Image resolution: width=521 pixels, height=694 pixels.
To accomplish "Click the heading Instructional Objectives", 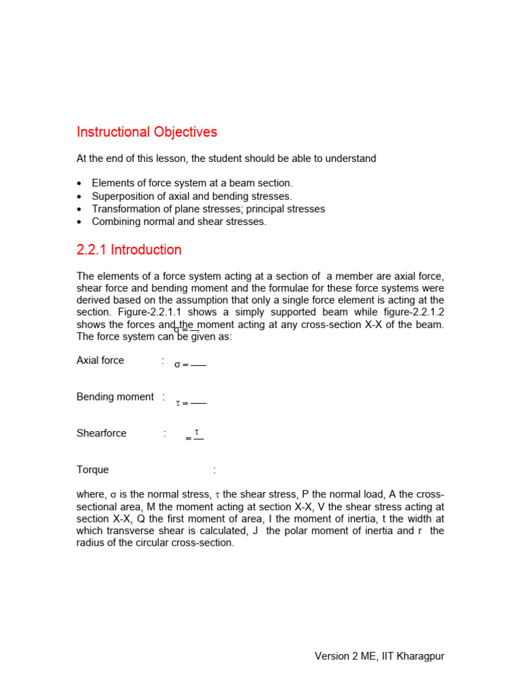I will (147, 131).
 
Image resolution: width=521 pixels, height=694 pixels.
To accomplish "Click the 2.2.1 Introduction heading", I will (129, 249).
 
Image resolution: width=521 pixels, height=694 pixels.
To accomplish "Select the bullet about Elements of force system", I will (192, 183).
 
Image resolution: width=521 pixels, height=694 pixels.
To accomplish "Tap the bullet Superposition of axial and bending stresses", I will (191, 196).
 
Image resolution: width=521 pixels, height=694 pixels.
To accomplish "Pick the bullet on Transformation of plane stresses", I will (208, 209).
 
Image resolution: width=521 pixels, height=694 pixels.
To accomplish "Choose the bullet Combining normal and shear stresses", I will (179, 222).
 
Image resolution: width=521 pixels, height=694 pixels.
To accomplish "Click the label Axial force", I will (100, 361).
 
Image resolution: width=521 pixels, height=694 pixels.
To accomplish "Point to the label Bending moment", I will (115, 397).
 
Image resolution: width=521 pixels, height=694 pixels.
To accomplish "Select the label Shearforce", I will (101, 434).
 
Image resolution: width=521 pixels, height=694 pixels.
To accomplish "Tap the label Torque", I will (92, 470).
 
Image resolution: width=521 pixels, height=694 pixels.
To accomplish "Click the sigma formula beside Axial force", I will (190, 365).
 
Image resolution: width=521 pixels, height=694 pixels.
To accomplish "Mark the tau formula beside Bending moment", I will (191, 403).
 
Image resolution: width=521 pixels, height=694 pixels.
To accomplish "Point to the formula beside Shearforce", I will (195, 436).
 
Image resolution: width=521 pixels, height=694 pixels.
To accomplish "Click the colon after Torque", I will (214, 470).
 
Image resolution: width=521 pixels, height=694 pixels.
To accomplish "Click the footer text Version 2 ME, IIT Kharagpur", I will (379, 656).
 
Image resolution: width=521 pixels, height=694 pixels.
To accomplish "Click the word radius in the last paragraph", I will (92, 543).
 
